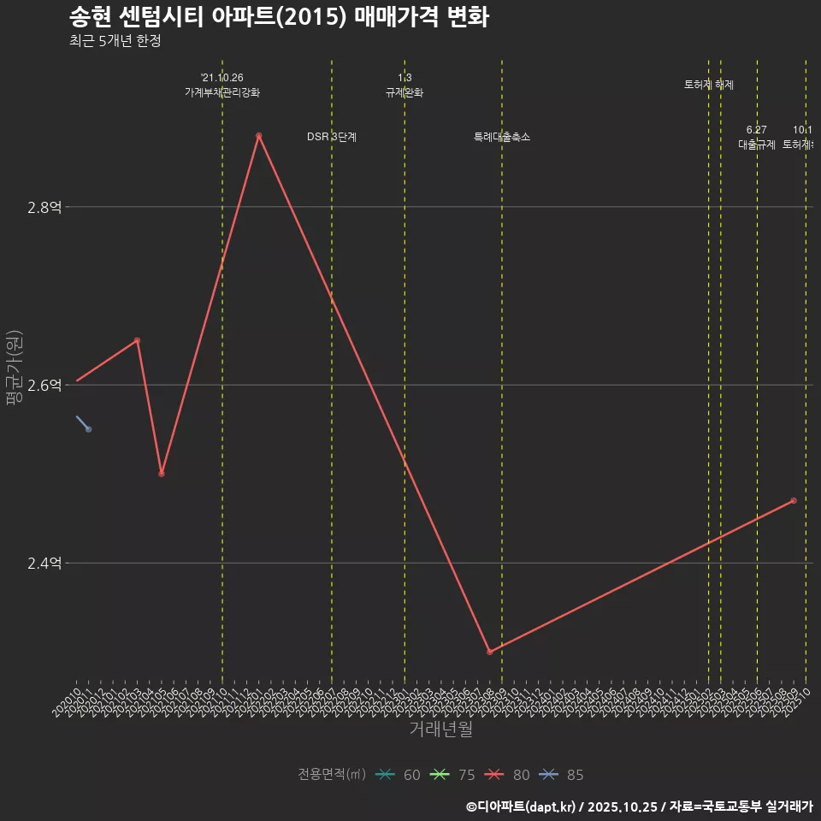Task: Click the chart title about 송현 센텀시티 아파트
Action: [278, 17]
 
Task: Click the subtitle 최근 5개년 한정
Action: [115, 41]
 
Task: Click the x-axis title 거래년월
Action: [440, 729]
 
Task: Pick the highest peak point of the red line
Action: [258, 136]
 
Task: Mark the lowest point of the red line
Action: [489, 652]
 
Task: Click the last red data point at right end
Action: [794, 500]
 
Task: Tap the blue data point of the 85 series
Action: [88, 428]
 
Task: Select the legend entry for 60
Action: [399, 775]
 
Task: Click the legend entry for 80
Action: [508, 775]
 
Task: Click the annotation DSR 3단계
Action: [332, 137]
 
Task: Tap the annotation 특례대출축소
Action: [502, 137]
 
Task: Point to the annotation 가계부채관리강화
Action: [222, 92]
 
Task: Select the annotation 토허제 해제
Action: [709, 85]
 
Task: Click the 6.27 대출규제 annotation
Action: [757, 138]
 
